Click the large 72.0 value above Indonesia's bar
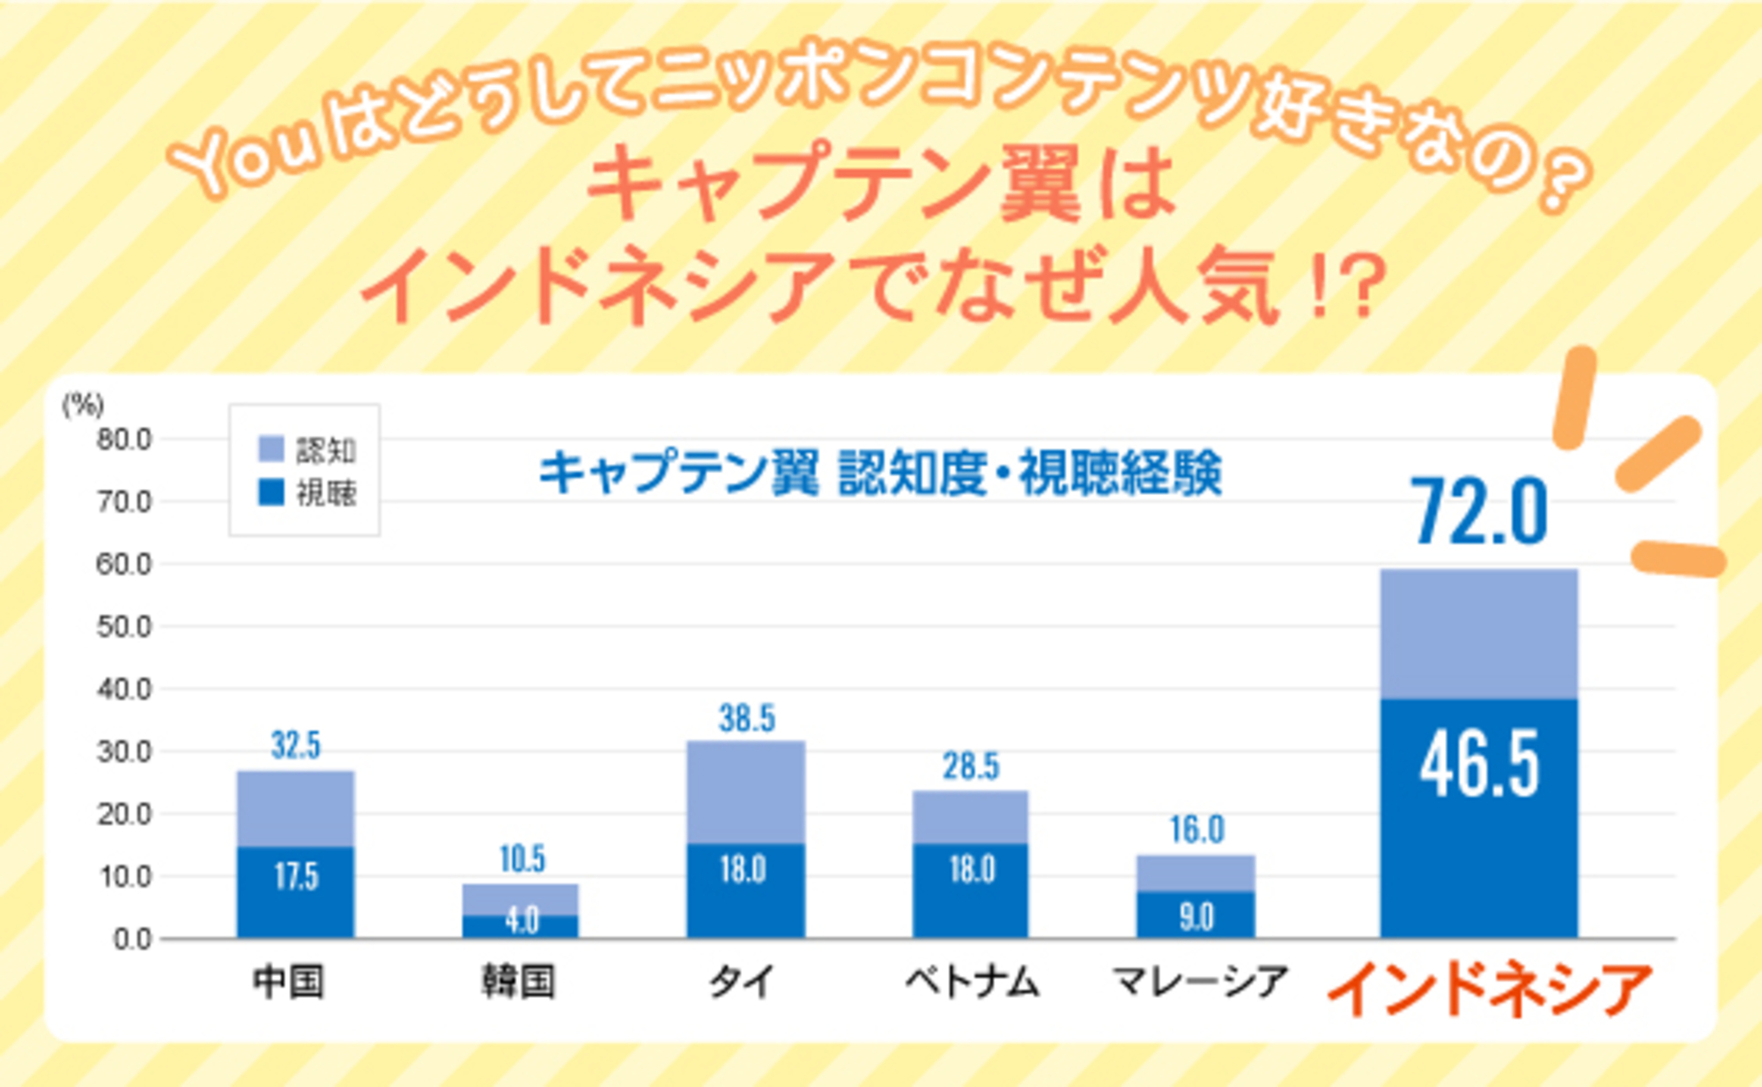coord(1481,512)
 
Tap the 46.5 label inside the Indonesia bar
coord(1479,765)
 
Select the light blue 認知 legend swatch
coord(270,448)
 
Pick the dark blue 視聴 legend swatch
coord(270,492)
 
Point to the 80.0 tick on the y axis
coord(123,439)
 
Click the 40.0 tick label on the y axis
coord(123,689)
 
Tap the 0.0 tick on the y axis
coord(132,939)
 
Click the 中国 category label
coord(289,981)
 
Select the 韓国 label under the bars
coord(518,981)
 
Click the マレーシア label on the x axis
coord(1200,981)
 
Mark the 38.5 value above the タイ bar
coord(746,718)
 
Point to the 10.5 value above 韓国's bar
coord(522,859)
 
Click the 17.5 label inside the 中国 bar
coord(296,876)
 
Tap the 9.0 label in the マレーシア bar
coord(1196,917)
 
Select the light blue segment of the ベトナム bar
coord(970,817)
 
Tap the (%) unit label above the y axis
coord(83,404)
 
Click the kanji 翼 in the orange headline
coord(1040,183)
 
